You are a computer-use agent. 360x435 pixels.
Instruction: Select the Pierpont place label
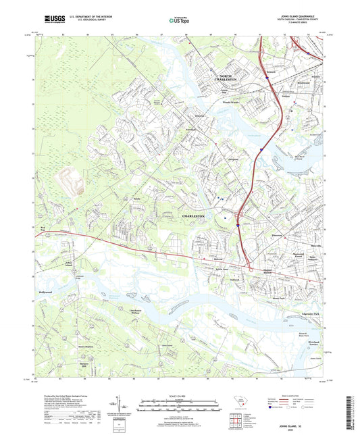216,159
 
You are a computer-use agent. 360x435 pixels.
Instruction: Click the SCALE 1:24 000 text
180,395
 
